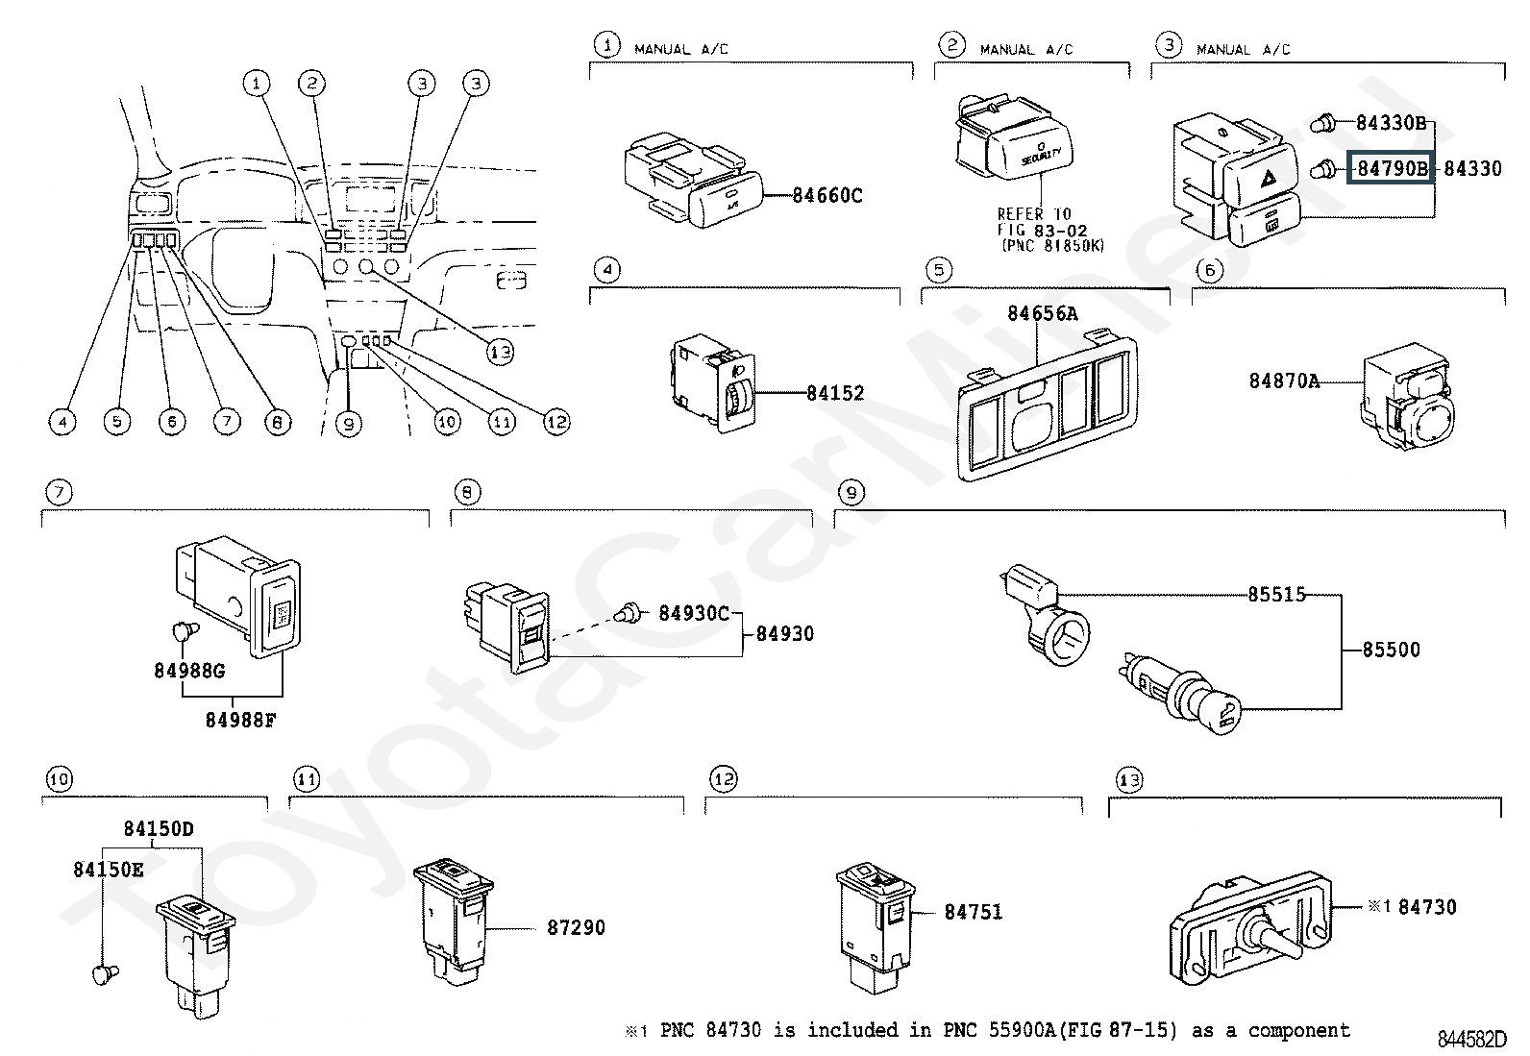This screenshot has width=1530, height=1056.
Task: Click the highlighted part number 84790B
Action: tap(1390, 169)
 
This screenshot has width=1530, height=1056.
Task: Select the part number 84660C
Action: tap(827, 196)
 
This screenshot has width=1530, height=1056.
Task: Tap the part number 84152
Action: tap(835, 393)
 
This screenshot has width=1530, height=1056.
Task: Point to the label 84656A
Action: tap(1042, 313)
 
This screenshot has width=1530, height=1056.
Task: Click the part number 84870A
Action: tap(1284, 381)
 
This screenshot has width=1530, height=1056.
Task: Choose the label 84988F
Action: tap(240, 719)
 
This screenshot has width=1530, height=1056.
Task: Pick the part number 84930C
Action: tap(694, 613)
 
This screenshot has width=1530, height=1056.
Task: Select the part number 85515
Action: tap(1277, 594)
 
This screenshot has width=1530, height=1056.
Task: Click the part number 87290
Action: tap(577, 928)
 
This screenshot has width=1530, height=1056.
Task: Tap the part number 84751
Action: tap(973, 912)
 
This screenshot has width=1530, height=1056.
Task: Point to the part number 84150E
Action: tap(109, 870)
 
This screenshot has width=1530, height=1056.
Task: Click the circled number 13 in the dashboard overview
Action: tap(500, 352)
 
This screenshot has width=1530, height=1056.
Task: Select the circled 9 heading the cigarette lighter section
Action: tap(851, 493)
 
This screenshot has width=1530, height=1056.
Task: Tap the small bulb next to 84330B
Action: tap(1325, 123)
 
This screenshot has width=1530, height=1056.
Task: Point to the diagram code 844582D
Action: tap(1471, 1040)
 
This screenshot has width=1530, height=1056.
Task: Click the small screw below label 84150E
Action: tap(105, 974)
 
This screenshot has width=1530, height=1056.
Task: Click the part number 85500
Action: tap(1391, 650)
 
